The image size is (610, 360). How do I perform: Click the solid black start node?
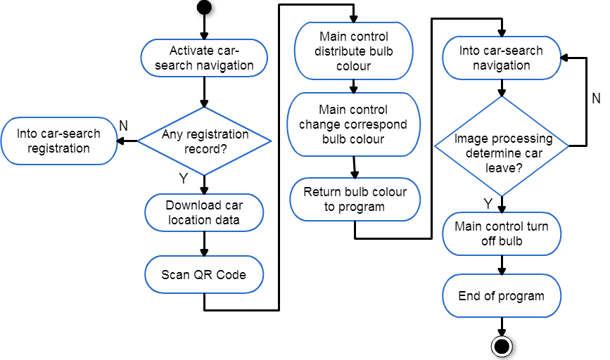(x=204, y=7)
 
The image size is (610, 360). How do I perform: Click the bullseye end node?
(x=502, y=346)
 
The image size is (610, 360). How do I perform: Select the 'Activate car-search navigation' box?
(x=204, y=58)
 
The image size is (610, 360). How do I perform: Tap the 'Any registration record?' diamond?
(x=204, y=141)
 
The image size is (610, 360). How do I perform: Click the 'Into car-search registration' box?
(x=58, y=141)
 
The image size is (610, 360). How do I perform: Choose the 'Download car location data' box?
(x=204, y=212)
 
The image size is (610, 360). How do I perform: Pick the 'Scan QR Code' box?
(x=204, y=274)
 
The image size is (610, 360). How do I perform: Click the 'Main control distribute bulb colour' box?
(x=354, y=51)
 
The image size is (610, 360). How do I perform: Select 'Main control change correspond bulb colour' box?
(x=354, y=124)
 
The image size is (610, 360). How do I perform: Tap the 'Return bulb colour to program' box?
(x=355, y=200)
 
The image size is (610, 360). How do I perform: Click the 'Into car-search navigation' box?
(x=502, y=58)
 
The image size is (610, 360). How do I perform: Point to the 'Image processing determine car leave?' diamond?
(x=502, y=146)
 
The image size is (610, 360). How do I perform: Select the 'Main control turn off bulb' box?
(x=502, y=233)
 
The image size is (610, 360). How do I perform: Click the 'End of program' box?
(x=502, y=296)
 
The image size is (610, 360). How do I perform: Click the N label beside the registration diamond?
(x=123, y=126)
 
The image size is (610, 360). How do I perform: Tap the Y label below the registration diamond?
(x=183, y=178)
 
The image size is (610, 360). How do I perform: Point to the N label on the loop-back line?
(x=596, y=98)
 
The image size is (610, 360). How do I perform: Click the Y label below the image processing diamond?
(x=488, y=203)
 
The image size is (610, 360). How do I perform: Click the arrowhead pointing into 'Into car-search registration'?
(x=121, y=141)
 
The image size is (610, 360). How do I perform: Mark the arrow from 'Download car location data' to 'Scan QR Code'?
(x=204, y=244)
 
